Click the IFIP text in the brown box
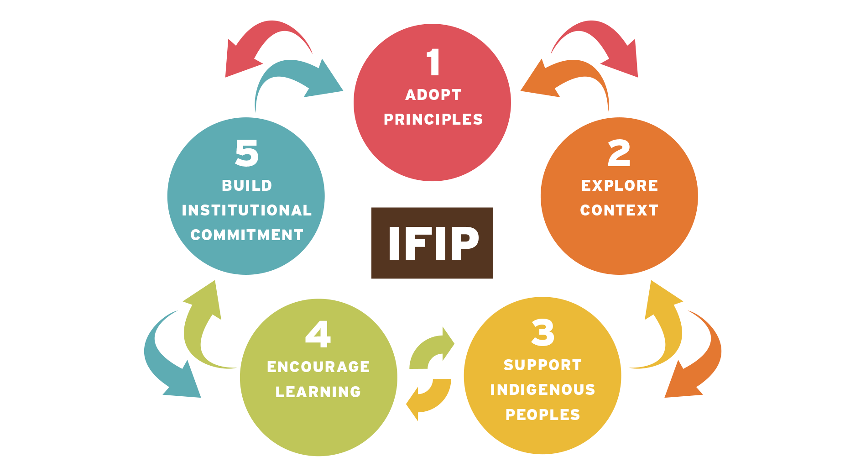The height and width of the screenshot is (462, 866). pyautogui.click(x=433, y=243)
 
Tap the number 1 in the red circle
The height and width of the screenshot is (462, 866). pyautogui.click(x=433, y=62)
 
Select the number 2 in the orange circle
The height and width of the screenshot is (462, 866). pyautogui.click(x=619, y=153)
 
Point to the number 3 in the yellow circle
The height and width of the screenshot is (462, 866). pyautogui.click(x=543, y=332)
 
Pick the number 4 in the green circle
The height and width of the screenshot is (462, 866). pyautogui.click(x=318, y=334)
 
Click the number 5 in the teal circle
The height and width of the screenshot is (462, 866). pyautogui.click(x=247, y=153)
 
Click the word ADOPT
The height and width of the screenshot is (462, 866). pyautogui.click(x=433, y=95)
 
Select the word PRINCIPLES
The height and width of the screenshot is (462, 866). pyautogui.click(x=433, y=120)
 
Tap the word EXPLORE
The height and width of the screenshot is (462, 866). pyautogui.click(x=619, y=186)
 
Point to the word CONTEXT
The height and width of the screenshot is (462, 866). pyautogui.click(x=619, y=210)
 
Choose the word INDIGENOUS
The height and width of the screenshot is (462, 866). pyautogui.click(x=543, y=390)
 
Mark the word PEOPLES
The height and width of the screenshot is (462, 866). pyautogui.click(x=543, y=415)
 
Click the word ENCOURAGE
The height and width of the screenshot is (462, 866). pyautogui.click(x=318, y=367)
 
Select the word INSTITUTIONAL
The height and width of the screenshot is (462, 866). pyautogui.click(x=247, y=210)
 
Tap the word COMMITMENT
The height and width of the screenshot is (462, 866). pyautogui.click(x=247, y=235)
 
